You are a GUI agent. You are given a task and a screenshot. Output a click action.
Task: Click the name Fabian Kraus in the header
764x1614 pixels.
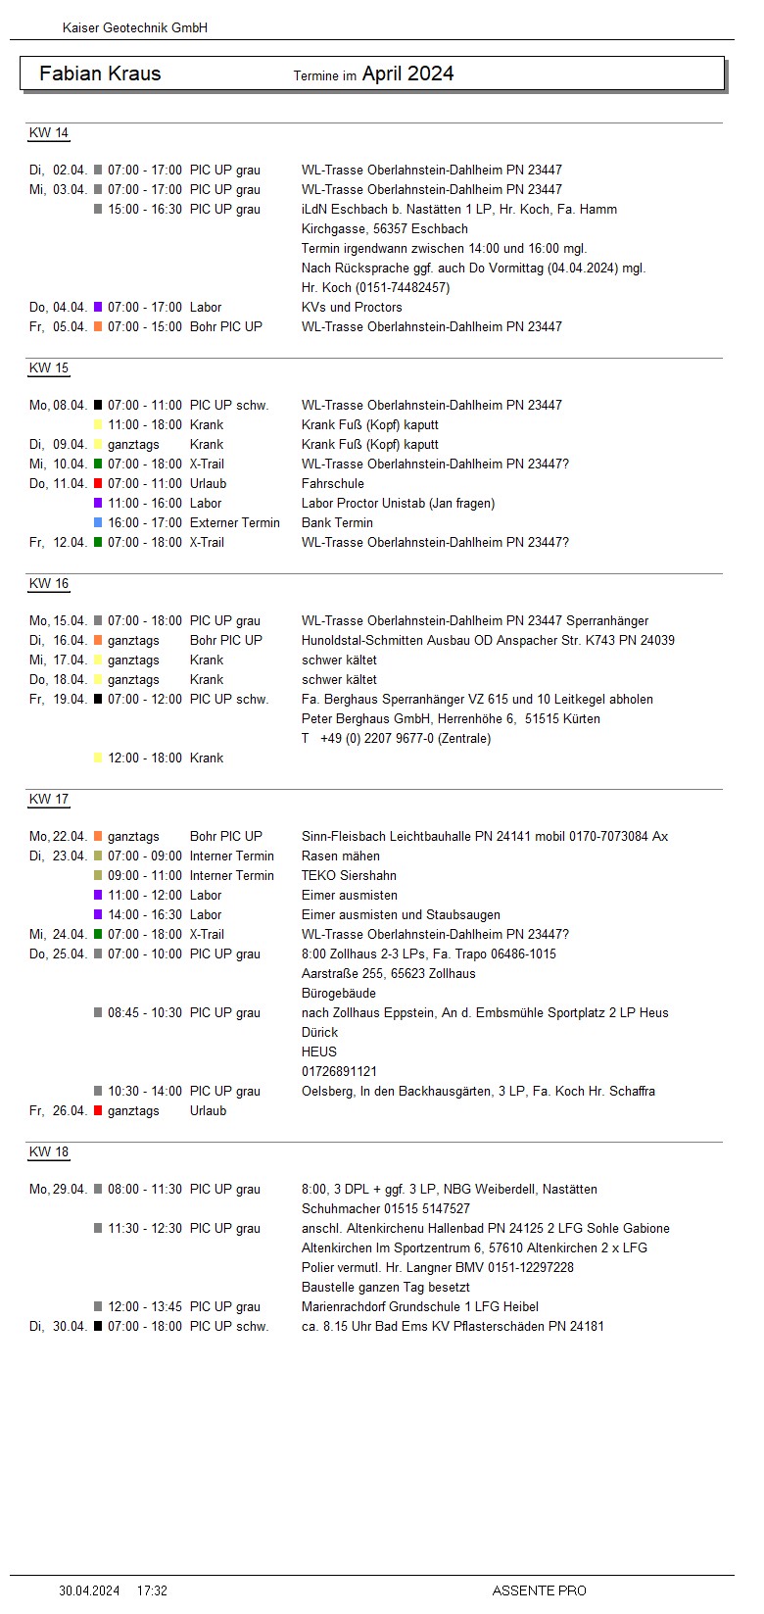pos(100,73)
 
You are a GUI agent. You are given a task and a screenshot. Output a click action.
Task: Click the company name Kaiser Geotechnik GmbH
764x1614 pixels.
pos(135,28)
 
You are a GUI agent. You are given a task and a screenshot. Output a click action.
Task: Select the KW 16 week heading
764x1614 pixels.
pos(49,584)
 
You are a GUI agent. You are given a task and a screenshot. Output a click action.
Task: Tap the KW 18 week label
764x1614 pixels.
pos(49,1152)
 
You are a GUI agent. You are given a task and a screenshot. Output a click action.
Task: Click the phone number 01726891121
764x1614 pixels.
pos(339,1072)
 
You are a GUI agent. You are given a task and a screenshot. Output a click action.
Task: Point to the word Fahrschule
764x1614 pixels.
pos(333,484)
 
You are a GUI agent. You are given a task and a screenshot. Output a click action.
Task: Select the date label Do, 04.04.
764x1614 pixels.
pos(58,308)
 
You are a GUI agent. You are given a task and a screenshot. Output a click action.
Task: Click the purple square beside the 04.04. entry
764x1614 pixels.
pos(98,308)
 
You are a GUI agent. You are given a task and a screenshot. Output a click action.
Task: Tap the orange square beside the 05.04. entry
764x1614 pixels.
pos(98,327)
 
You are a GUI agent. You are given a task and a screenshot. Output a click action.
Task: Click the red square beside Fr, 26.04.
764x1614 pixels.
pos(98,1111)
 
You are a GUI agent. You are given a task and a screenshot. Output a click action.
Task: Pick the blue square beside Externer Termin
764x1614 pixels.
pos(98,523)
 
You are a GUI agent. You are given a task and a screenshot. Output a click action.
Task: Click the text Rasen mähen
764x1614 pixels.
pos(339,856)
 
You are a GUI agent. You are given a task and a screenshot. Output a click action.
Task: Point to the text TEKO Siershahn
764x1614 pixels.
pos(349,876)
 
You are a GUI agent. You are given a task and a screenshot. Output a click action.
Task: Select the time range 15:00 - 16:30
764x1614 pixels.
pos(145,210)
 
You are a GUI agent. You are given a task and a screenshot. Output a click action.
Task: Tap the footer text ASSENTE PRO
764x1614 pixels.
pos(539,1590)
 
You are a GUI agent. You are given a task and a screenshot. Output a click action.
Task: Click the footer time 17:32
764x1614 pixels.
pos(152,1590)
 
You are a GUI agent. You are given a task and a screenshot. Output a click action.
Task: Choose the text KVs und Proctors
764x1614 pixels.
pos(352,308)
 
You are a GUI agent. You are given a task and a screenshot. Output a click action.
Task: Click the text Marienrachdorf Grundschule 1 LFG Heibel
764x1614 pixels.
pos(420,1307)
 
